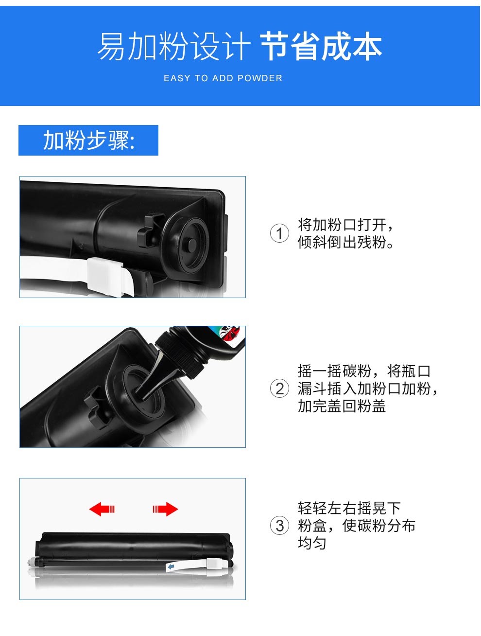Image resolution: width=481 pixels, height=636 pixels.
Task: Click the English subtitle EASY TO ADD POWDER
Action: [223, 78]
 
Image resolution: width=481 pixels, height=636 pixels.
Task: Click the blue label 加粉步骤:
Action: [89, 140]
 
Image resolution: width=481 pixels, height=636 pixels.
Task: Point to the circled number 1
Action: [279, 233]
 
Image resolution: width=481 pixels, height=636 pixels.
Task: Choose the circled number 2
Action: [279, 389]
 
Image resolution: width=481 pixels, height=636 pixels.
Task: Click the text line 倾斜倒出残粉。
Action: [345, 242]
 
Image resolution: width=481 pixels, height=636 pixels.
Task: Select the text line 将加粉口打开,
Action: [345, 225]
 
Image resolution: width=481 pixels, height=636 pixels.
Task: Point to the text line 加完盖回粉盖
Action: [342, 406]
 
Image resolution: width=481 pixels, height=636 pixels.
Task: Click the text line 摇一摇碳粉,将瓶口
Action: [364, 371]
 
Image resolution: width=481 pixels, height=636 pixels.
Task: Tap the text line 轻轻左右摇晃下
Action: [349, 508]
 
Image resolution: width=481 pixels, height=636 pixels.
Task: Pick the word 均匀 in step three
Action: [312, 543]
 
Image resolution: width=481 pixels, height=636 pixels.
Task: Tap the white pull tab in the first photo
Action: [106, 277]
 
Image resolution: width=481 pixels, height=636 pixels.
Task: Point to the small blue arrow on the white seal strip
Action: [171, 566]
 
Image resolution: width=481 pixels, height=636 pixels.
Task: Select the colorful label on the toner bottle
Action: [229, 333]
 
